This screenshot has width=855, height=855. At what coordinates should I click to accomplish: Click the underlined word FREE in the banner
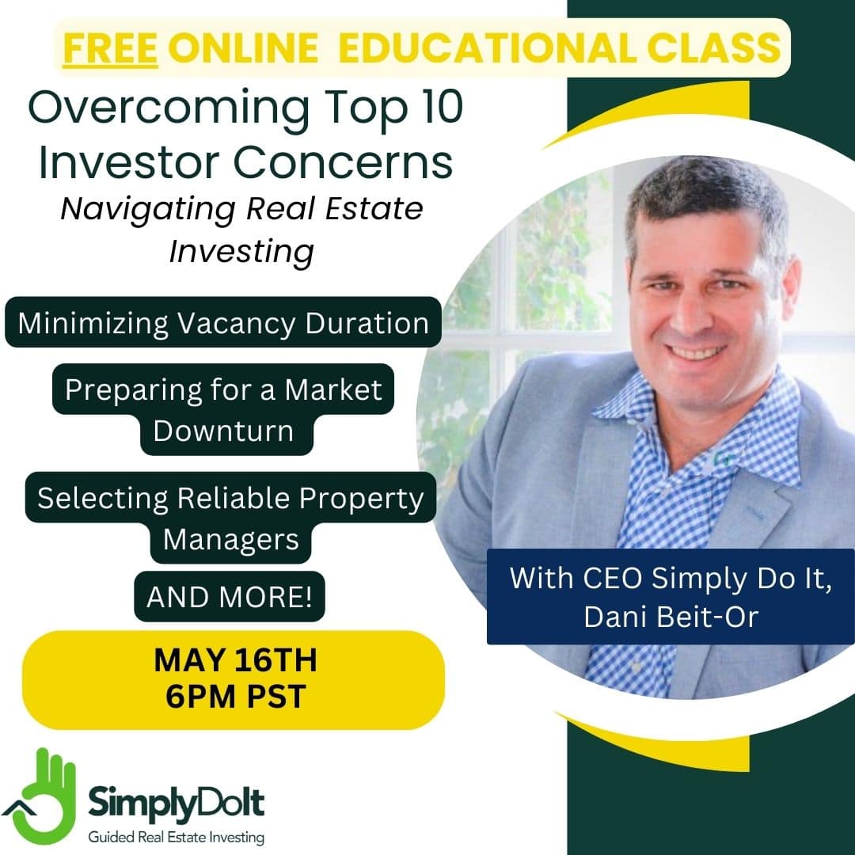click(110, 48)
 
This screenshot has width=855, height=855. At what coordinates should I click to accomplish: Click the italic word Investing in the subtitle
click(241, 252)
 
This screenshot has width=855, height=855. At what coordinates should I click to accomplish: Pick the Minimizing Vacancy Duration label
click(223, 323)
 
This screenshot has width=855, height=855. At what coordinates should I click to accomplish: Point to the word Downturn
click(223, 431)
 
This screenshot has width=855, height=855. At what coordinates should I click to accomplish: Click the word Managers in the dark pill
click(230, 540)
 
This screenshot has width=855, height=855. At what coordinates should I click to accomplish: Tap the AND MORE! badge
click(230, 597)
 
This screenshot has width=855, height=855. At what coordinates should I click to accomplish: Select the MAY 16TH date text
click(236, 660)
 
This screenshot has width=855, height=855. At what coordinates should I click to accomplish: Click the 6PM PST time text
click(236, 697)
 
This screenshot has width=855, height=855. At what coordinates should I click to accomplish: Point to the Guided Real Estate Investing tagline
click(176, 837)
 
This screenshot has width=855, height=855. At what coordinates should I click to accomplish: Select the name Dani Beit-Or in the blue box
click(671, 617)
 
